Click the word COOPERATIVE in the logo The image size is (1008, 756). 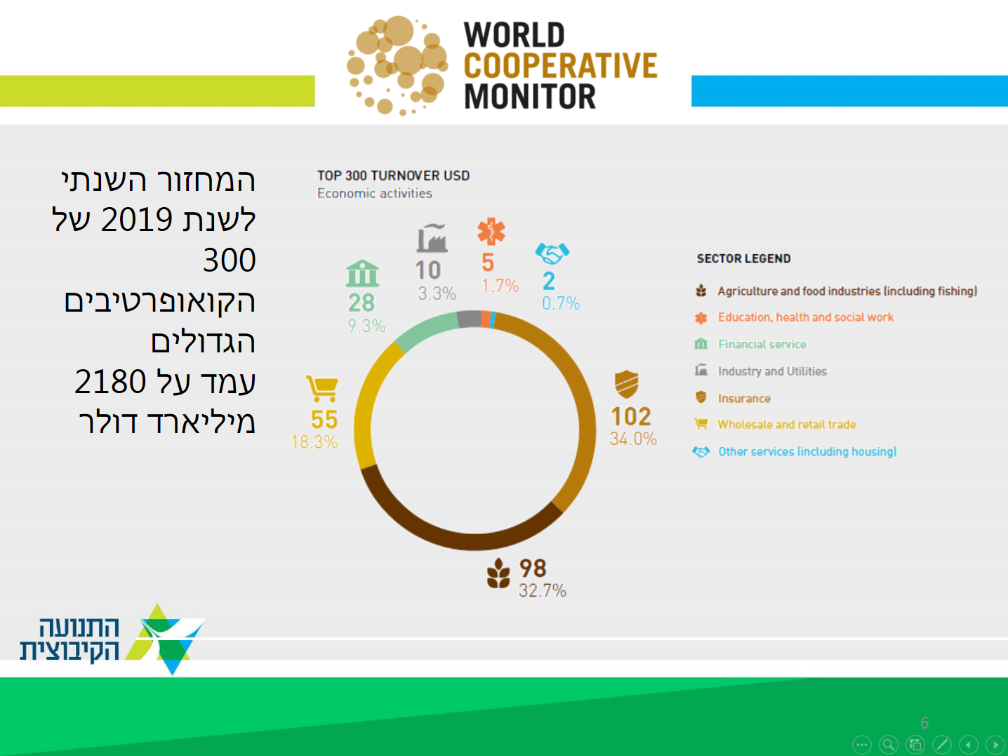[x=560, y=66]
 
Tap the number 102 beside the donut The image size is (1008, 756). [x=630, y=417]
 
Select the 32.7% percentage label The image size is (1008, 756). [x=543, y=590]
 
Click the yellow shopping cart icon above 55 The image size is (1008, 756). [x=322, y=389]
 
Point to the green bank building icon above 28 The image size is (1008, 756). [x=362, y=274]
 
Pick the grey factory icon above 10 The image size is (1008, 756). [x=432, y=238]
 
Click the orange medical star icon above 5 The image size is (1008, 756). [x=491, y=231]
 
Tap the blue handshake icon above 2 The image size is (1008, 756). [x=552, y=253]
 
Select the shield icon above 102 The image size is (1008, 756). [x=626, y=384]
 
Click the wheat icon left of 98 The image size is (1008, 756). [x=498, y=573]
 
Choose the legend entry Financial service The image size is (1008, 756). [x=762, y=344]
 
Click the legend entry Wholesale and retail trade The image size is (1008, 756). [x=787, y=425]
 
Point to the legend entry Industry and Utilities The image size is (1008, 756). [x=772, y=371]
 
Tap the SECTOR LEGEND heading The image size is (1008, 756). [x=743, y=259]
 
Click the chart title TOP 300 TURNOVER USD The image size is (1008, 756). [x=393, y=175]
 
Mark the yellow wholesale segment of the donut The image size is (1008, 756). [x=367, y=404]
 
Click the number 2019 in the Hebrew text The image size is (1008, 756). [x=136, y=220]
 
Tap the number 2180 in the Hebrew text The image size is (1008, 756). [x=110, y=382]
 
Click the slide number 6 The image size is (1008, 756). [x=924, y=723]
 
